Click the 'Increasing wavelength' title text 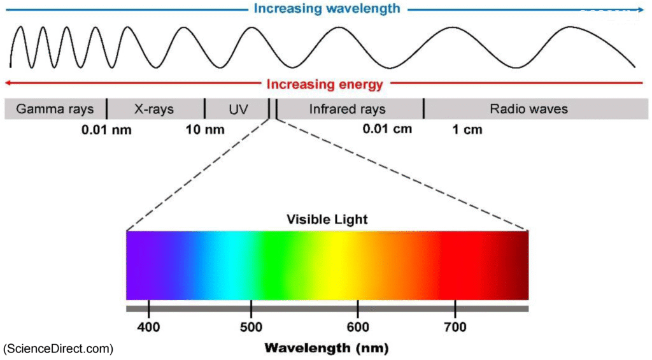(x=327, y=9)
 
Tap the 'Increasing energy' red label (x=325, y=84)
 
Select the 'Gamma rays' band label (x=55, y=109)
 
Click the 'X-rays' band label (x=154, y=109)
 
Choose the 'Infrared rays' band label (x=347, y=109)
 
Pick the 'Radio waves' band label (x=528, y=109)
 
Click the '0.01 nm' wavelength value (x=106, y=130)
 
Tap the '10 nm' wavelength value (x=205, y=130)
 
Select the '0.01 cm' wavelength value (x=387, y=129)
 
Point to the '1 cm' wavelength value (x=467, y=130)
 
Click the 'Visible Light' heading (x=327, y=220)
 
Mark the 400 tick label (x=148, y=328)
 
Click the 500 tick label (x=251, y=328)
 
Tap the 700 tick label (x=455, y=328)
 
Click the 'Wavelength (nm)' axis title (x=326, y=348)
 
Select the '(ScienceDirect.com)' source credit (x=59, y=349)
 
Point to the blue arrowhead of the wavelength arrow (x=640, y=10)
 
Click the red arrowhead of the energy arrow (x=8, y=83)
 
